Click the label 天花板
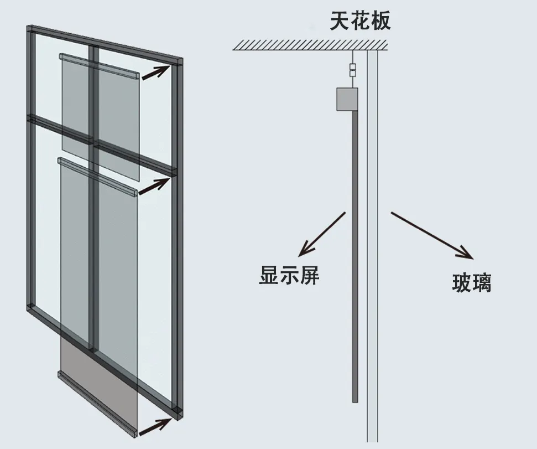point(360,21)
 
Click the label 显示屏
point(289,275)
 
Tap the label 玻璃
point(472,283)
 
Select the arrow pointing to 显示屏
point(322,234)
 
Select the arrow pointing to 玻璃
point(432,235)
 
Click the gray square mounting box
point(347,99)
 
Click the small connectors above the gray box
point(353,70)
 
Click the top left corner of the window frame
point(32,29)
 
